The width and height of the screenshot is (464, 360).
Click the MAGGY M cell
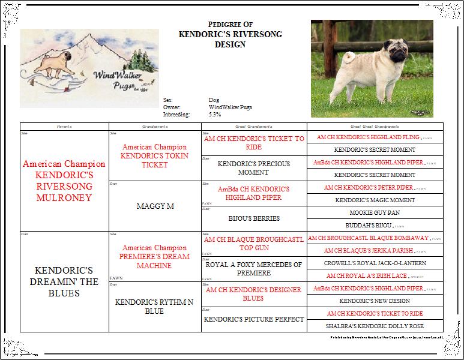pos(154,206)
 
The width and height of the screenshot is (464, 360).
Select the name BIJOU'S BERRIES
pos(254,218)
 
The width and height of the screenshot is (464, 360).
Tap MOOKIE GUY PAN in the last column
pos(375,212)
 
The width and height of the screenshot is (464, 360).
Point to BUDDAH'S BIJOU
pos(371,225)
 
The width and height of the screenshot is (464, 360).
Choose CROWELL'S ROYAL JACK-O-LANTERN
pos(375,263)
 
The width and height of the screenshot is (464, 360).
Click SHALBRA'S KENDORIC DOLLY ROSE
pos(375,326)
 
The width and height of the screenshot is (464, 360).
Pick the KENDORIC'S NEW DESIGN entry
pos(375,301)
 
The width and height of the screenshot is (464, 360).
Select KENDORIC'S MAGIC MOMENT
pos(375,200)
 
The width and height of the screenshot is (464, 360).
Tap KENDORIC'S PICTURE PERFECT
pos(254,319)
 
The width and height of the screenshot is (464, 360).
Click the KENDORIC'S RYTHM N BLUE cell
pos(154,307)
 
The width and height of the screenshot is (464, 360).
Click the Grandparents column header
pos(154,127)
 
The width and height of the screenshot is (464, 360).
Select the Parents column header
pos(64,127)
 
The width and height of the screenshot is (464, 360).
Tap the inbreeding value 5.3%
pos(215,114)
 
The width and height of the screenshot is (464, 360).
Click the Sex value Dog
pos(214,100)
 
